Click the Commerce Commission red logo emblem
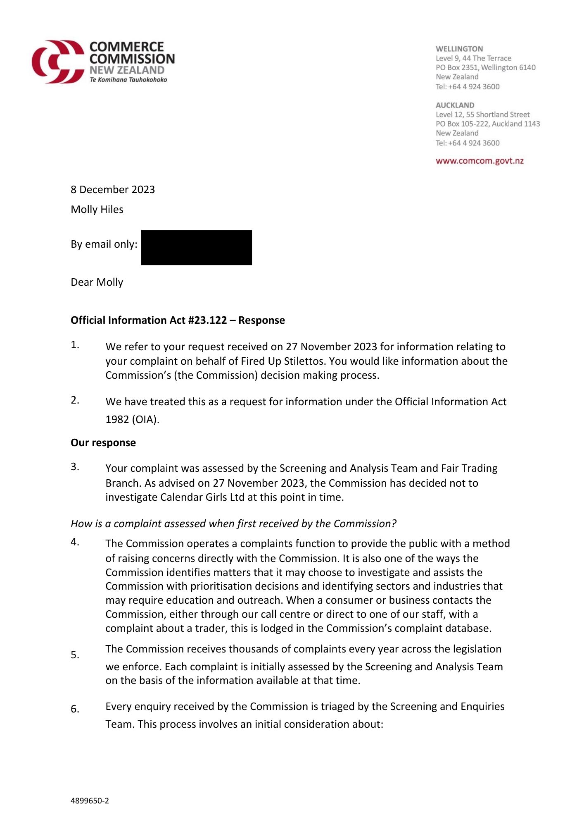58,62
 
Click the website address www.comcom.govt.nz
480,161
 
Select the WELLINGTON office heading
459,49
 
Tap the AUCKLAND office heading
455,105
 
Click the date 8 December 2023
113,189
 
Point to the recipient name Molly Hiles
97,209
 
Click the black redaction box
196,247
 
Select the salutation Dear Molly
97,282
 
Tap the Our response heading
103,442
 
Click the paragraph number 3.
75,467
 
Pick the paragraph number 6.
75,709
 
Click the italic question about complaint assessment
233,523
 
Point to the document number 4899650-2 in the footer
90,801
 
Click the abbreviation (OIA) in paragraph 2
145,419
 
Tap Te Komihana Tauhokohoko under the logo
128,79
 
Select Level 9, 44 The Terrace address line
473,58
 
